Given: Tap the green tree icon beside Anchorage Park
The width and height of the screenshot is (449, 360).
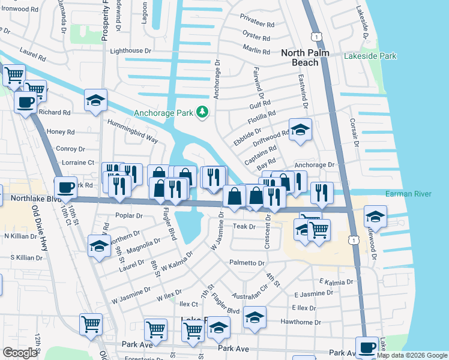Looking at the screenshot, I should click(x=203, y=112).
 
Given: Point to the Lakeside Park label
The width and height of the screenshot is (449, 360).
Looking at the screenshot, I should click(x=370, y=56).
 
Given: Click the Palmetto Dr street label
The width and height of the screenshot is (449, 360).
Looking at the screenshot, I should click(x=246, y=263).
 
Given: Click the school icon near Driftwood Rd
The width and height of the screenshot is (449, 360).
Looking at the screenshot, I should click(x=300, y=129).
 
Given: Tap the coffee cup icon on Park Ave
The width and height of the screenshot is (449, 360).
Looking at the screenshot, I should click(x=367, y=347).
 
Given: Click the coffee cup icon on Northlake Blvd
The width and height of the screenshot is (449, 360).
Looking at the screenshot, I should click(x=65, y=187).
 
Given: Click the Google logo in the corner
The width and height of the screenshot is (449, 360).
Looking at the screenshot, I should click(x=20, y=353).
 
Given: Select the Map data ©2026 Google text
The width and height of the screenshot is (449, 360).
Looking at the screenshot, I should click(x=411, y=355).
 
